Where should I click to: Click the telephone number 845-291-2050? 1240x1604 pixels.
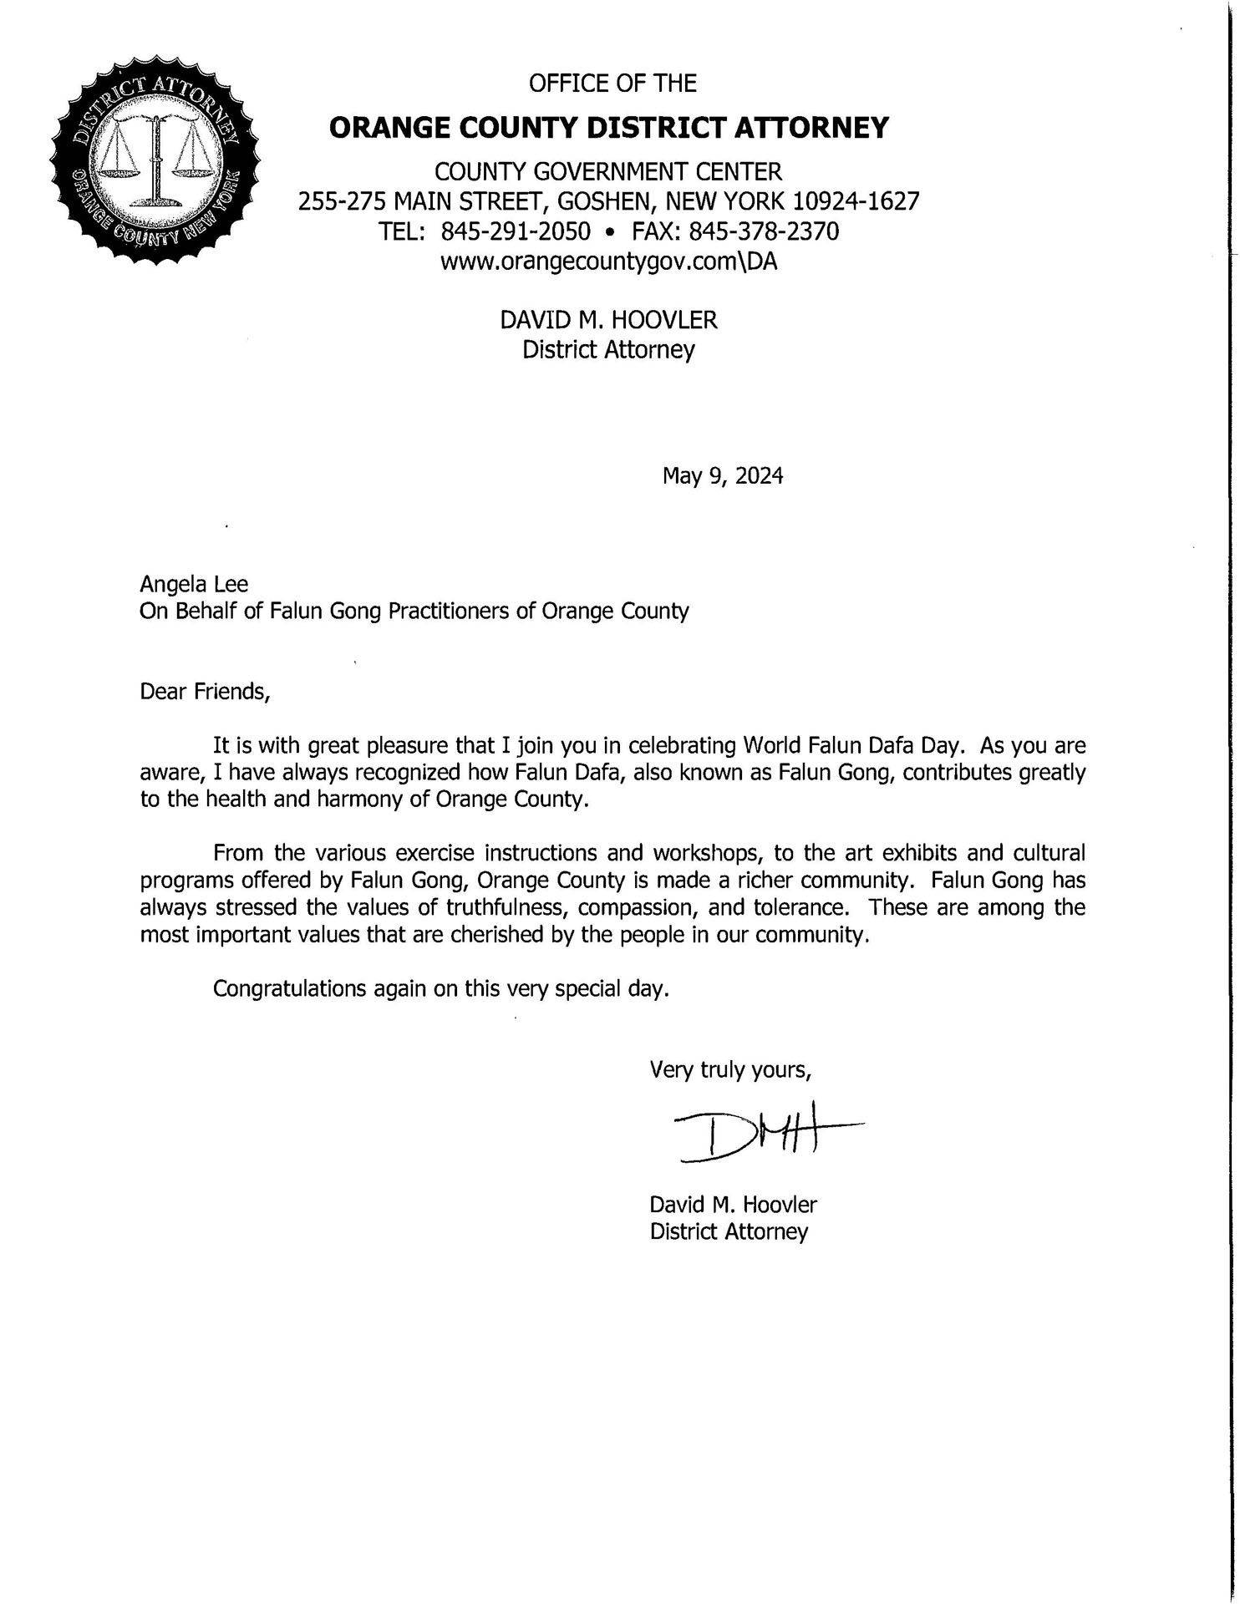[516, 231]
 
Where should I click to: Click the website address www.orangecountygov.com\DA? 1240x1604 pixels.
[608, 262]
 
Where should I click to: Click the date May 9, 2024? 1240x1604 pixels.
[723, 476]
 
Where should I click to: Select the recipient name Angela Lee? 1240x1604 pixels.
[194, 584]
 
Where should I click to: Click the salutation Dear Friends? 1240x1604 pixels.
[205, 692]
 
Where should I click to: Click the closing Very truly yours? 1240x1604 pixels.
[730, 1070]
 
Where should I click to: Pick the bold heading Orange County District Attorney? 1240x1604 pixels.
[609, 128]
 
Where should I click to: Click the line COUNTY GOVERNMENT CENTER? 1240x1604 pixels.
[608, 172]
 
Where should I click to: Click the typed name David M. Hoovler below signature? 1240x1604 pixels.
[733, 1205]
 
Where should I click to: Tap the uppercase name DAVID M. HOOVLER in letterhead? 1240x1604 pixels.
[608, 320]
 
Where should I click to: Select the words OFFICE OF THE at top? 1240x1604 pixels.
[612, 84]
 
